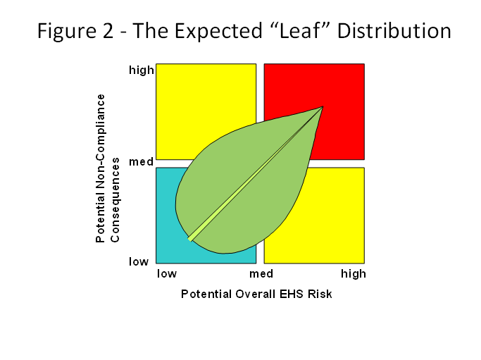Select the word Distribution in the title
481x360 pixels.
click(x=394, y=31)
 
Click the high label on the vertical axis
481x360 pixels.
click(x=142, y=70)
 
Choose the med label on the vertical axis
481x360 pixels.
click(x=141, y=161)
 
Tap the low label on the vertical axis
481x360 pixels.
click(x=139, y=261)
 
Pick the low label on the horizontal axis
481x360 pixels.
click(x=167, y=273)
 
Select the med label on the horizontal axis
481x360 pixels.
click(x=261, y=273)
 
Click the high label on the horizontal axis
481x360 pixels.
click(x=354, y=274)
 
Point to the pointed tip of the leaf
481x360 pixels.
click(x=323, y=106)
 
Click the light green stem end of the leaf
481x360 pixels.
click(x=190, y=239)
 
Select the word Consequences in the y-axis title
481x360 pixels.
click(x=115, y=200)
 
